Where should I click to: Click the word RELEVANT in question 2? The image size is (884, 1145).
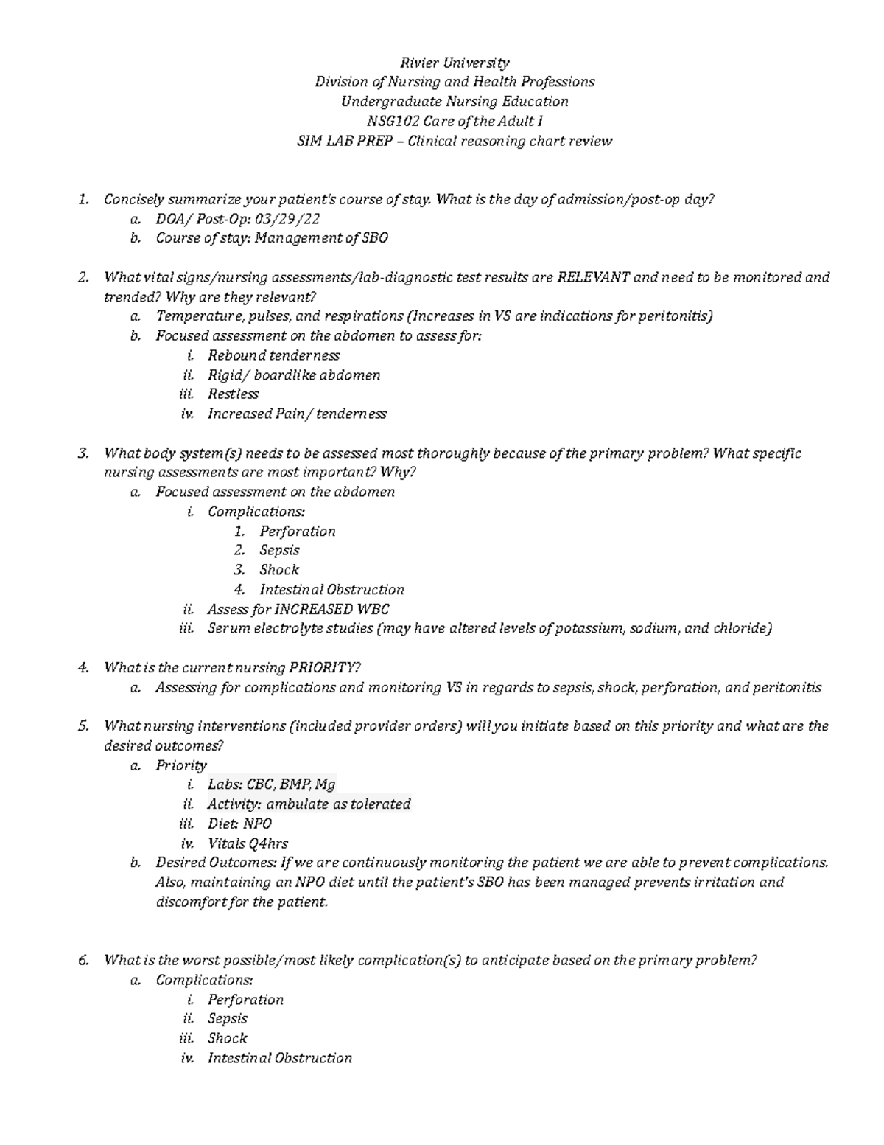coord(593,277)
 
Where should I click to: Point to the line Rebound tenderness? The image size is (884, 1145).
coord(273,355)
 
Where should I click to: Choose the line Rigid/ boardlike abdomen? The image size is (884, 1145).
coord(293,375)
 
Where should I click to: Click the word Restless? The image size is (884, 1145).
coord(233,394)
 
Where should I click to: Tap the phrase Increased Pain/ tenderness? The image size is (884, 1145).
coord(296,414)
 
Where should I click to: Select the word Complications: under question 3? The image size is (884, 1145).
coord(256,512)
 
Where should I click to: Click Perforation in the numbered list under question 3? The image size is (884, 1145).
coord(297,532)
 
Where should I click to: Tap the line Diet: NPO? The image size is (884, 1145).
coord(239,824)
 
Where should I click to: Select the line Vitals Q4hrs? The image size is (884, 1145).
coord(248,843)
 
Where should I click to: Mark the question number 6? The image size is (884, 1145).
coord(83,960)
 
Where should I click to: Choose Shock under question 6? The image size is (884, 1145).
coord(227,1038)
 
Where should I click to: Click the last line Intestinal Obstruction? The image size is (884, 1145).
coord(279,1058)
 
